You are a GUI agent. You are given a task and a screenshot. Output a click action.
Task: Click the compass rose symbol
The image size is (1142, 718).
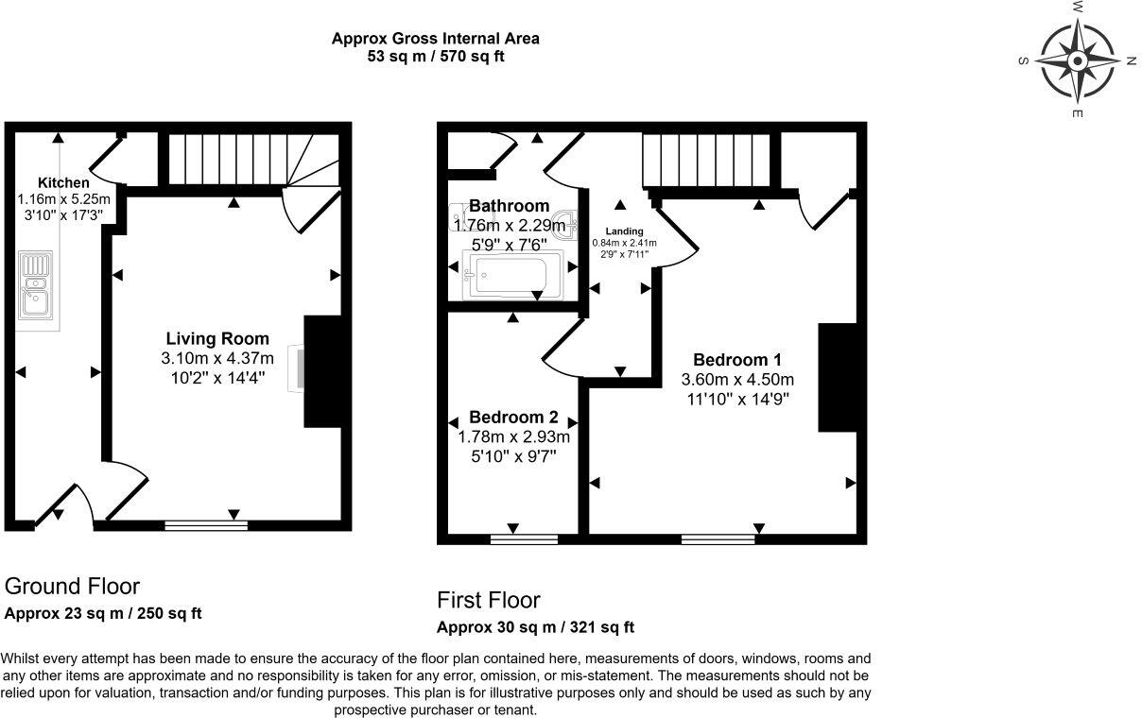[1077, 60]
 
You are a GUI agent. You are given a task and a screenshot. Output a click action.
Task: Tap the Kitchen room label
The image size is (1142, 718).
[63, 182]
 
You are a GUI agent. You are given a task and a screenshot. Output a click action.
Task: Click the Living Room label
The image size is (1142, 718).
[217, 338]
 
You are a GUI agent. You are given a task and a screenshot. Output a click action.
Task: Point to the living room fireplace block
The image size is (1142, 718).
[321, 370]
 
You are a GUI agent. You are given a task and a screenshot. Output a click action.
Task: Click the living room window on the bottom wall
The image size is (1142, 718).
[206, 524]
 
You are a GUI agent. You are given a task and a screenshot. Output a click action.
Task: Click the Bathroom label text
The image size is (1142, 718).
[509, 206]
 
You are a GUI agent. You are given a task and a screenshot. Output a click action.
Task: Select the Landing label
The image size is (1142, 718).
[624, 231]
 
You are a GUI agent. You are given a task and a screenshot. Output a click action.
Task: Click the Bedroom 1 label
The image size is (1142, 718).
[737, 360]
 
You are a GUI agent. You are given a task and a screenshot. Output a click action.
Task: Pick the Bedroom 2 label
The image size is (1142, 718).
[513, 418]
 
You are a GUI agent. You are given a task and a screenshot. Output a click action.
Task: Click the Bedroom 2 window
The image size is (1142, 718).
[524, 539]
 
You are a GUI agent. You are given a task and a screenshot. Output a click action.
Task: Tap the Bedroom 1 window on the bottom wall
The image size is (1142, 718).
[718, 539]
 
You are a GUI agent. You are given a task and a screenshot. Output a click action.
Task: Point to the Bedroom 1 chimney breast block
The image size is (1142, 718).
[837, 377]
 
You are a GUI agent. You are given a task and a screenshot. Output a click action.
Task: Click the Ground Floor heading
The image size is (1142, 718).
[72, 586]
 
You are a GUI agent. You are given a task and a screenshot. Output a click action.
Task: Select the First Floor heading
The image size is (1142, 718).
[488, 600]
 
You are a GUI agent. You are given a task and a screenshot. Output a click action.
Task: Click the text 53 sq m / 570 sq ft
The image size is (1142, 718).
[435, 57]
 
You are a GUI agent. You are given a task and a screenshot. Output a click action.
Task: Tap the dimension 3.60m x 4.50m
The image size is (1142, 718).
[737, 380]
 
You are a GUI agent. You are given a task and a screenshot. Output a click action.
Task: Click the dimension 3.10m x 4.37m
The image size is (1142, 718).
[217, 358]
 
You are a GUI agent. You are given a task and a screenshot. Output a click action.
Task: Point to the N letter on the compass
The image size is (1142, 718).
[1131, 61]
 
